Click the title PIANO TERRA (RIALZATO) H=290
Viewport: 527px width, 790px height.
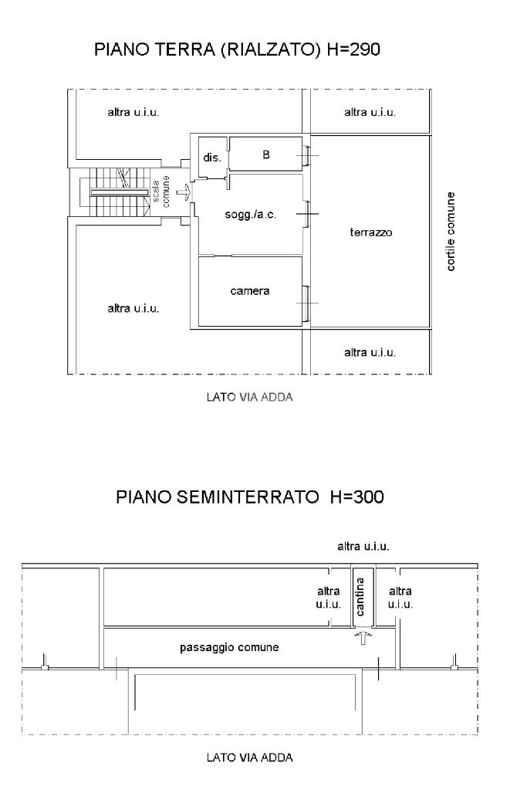[237, 50]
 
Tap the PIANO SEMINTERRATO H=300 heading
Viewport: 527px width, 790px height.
[250, 497]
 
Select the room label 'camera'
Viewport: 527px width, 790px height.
[250, 291]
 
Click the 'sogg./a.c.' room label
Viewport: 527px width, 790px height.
[250, 215]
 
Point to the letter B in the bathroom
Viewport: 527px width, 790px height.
[266, 154]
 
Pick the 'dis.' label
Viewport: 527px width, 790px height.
[212, 158]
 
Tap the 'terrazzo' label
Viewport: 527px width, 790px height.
[371, 232]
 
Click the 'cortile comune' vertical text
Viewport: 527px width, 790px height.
[451, 231]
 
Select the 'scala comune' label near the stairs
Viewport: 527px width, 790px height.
[161, 192]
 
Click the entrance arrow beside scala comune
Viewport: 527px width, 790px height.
[184, 192]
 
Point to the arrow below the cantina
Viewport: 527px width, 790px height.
[363, 638]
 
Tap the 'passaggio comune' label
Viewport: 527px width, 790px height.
[229, 647]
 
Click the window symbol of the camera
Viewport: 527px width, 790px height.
[306, 303]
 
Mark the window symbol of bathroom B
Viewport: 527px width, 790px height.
[306, 156]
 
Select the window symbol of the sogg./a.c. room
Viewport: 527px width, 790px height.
[306, 214]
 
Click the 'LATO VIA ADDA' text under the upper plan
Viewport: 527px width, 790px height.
[250, 397]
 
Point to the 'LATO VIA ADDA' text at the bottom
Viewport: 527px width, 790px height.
[250, 758]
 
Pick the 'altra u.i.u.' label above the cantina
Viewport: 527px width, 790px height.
[363, 546]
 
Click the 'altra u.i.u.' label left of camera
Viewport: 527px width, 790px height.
[133, 308]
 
